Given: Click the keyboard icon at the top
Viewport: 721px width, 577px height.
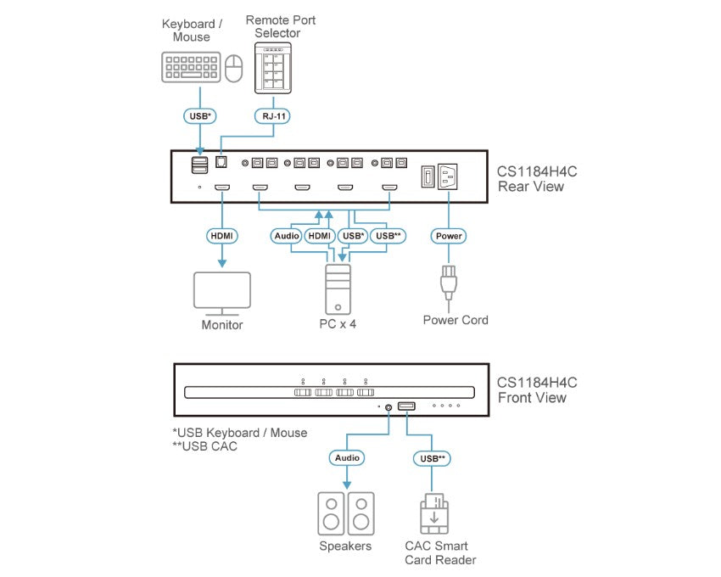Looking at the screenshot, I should click(191, 68).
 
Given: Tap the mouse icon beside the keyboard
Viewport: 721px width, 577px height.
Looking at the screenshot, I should click(235, 68).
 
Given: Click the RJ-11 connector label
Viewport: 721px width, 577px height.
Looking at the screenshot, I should click(272, 115).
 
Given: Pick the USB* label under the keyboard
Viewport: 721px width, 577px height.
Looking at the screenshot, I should click(200, 115).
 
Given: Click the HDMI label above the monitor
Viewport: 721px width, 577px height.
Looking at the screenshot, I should click(222, 235).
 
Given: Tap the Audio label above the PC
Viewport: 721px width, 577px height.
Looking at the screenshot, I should click(287, 235).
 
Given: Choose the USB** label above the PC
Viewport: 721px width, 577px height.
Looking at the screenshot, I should click(388, 235).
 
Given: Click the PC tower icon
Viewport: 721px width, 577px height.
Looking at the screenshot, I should click(338, 288).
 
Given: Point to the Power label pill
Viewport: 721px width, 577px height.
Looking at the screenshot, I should click(449, 235).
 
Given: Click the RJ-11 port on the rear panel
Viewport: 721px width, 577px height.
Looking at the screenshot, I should click(222, 160).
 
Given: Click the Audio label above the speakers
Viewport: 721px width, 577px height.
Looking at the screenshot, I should click(346, 457).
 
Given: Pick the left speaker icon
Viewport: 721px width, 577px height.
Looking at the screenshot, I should click(331, 513).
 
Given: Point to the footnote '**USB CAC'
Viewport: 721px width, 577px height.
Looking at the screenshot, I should click(204, 446).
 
